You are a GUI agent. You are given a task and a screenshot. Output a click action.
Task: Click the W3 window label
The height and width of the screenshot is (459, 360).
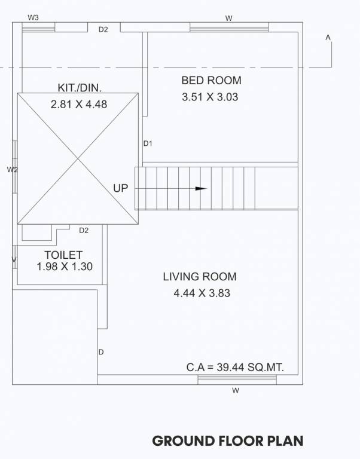click(33, 17)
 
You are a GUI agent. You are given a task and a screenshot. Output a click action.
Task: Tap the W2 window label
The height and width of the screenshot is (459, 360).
click(12, 170)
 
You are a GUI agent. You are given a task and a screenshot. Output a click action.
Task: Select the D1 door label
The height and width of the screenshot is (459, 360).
click(148, 143)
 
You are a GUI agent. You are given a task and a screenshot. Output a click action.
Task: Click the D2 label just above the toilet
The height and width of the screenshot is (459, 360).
click(84, 230)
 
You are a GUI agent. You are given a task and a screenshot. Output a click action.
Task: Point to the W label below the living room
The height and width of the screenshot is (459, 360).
click(236, 391)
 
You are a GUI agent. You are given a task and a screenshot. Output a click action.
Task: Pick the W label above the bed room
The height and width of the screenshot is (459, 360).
click(228, 19)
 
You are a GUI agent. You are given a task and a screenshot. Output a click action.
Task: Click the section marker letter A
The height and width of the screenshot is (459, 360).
click(328, 37)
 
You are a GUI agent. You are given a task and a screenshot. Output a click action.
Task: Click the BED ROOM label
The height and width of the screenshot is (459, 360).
click(211, 80)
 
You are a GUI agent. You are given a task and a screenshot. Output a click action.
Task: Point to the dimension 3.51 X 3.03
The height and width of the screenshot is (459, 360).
click(210, 96)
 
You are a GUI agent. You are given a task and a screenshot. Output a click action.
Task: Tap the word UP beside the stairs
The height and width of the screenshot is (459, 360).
click(121, 188)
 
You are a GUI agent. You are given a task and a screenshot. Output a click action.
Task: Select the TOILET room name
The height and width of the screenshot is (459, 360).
click(63, 255)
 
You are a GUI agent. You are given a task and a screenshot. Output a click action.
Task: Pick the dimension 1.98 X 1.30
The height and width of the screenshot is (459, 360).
click(65, 267)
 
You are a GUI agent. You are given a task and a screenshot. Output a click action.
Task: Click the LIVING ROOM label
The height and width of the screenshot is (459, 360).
click(200, 277)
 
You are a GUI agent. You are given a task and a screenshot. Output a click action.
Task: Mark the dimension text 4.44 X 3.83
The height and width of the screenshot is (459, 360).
click(202, 293)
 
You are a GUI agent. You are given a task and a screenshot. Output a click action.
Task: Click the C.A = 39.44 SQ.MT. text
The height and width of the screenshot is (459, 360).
click(235, 368)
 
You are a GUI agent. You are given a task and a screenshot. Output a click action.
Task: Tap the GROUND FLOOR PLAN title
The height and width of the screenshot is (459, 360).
click(228, 441)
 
